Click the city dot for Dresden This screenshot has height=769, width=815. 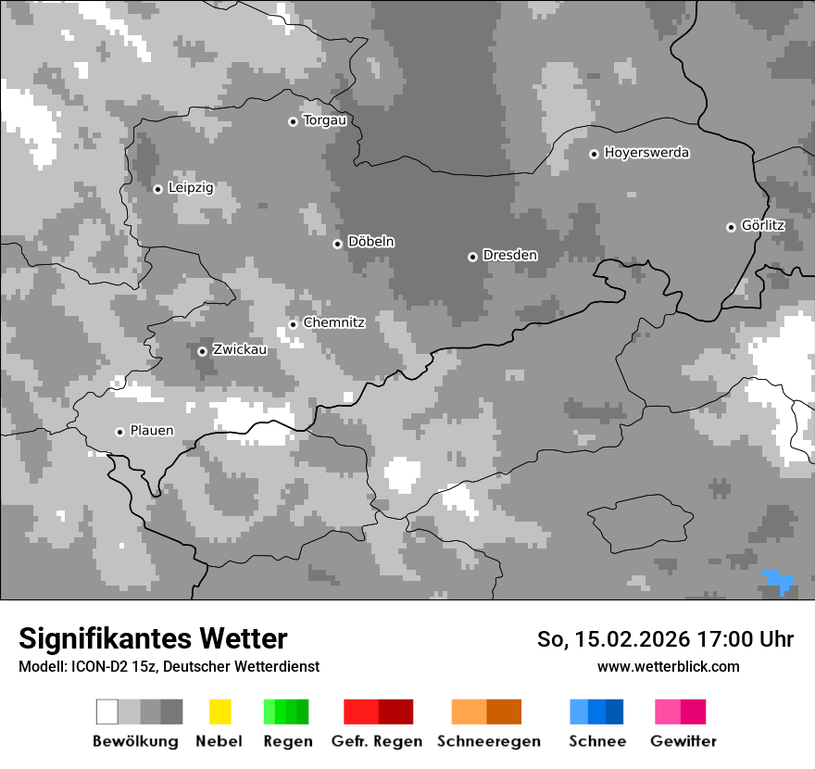point(472,257)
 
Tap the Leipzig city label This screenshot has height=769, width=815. point(191,188)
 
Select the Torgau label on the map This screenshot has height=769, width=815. point(324,120)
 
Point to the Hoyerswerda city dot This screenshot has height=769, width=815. point(594,154)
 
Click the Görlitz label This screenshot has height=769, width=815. point(763,225)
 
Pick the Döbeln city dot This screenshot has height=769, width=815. point(337,244)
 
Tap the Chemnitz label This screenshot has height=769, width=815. point(334,322)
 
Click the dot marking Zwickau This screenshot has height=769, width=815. point(202,351)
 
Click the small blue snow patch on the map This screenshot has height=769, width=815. point(779,582)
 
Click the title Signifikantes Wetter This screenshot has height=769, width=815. point(153,638)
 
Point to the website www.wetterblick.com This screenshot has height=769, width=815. point(668,666)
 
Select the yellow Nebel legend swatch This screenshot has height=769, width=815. point(219,712)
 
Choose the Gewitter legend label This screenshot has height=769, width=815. point(683,741)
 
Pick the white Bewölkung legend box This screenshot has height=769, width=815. point(107,712)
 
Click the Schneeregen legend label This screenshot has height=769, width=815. point(489,741)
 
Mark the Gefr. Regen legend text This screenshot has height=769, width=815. point(377,741)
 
